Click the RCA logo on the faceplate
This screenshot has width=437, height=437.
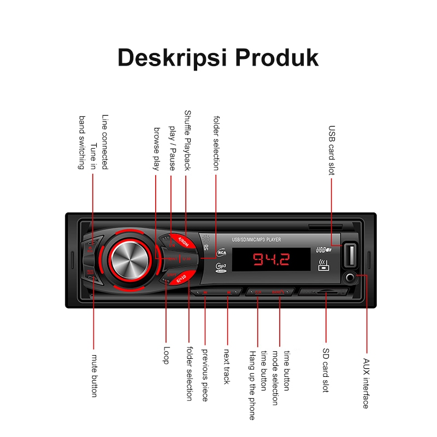[x=222, y=252]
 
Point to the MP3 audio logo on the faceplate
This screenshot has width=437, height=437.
[x=220, y=267]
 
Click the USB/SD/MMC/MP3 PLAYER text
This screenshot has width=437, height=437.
[x=257, y=239]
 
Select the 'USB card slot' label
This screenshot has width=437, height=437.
[x=332, y=150]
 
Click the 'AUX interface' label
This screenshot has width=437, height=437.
[x=366, y=383]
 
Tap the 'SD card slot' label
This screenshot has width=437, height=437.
[x=326, y=370]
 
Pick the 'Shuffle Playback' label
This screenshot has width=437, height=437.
[x=187, y=140]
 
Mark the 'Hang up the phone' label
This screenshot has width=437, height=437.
[x=252, y=385]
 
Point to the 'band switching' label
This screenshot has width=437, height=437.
[x=82, y=142]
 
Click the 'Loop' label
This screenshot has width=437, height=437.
[x=167, y=355]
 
